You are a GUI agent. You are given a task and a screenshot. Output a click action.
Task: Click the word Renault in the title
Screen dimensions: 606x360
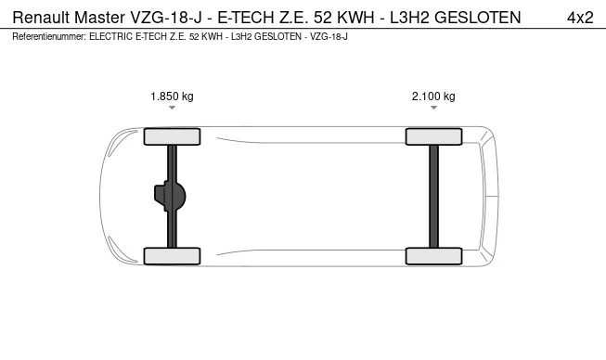41,18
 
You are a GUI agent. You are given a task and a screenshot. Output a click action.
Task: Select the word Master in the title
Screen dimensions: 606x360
99,18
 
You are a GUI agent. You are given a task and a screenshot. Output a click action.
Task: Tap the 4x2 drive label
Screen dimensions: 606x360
580,18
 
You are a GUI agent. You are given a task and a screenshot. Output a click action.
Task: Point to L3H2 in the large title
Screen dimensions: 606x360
409,18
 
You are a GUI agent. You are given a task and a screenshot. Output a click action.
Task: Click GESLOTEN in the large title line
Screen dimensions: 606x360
478,18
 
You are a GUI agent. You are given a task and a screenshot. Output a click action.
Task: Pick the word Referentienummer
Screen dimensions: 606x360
49,37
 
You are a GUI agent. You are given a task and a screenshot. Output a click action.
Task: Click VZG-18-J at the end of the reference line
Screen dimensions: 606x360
329,37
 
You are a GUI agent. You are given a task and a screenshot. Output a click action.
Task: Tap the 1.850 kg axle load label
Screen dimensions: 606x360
172,96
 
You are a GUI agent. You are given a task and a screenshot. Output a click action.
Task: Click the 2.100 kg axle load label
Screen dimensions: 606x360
433,96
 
